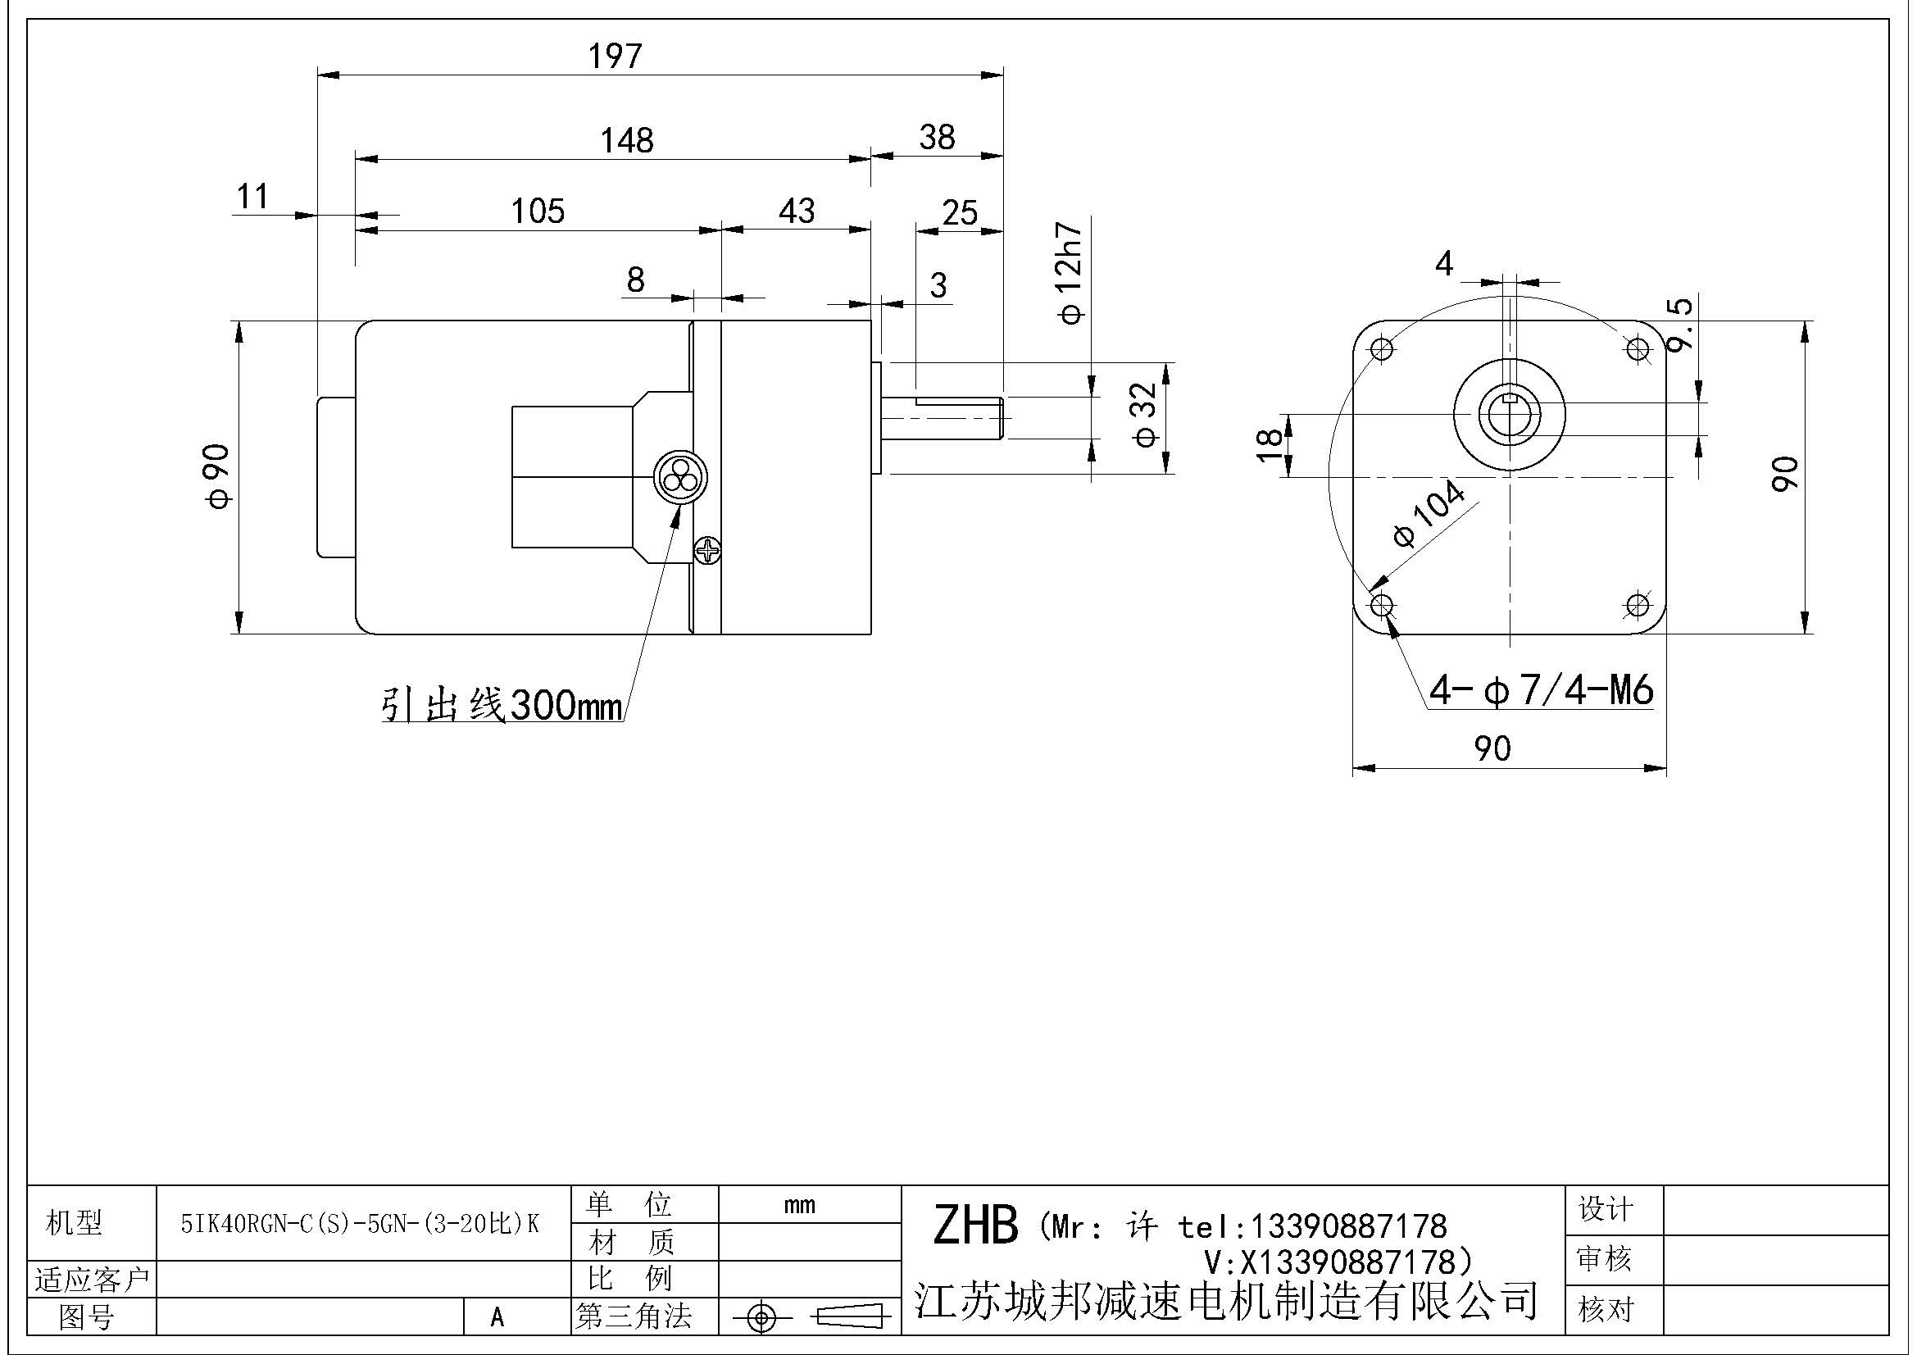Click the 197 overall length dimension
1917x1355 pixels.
click(616, 57)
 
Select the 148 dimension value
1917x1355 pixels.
click(627, 140)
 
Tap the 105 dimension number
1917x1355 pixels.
click(538, 211)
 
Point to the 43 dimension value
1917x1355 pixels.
click(797, 211)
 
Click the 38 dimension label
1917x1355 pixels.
click(937, 138)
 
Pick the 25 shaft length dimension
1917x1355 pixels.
click(960, 214)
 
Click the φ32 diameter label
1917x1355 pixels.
click(1147, 415)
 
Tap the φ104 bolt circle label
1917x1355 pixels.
click(1429, 513)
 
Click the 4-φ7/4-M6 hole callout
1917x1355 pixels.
click(1542, 690)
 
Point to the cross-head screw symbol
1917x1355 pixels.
click(708, 550)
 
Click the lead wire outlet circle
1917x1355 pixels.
click(679, 479)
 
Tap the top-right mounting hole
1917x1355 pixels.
click(1638, 348)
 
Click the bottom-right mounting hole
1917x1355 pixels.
click(1638, 604)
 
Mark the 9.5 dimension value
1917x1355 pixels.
click(1681, 325)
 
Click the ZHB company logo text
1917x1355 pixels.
click(975, 1225)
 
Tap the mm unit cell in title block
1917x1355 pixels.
click(800, 1206)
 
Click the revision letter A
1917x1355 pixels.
click(497, 1317)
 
